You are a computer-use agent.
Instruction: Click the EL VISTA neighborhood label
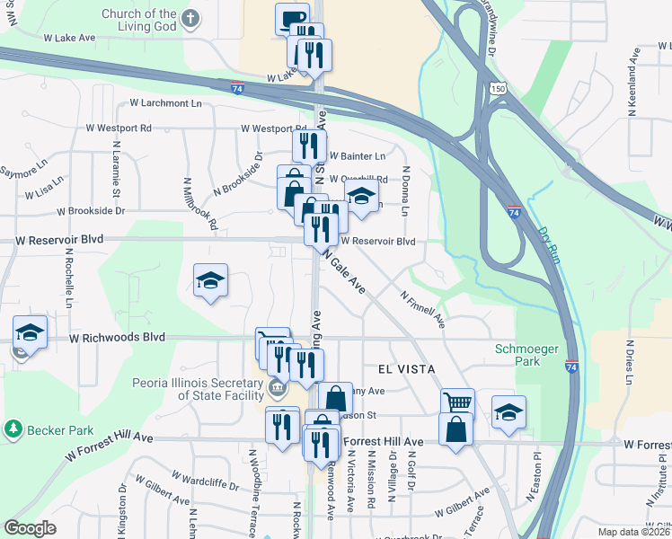400,369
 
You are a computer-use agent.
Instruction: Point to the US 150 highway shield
499,88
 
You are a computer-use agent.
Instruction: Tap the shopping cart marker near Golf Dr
457,402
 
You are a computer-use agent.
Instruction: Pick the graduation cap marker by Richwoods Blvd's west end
30,332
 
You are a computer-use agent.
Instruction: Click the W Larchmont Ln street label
166,104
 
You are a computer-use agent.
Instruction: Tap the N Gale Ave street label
344,272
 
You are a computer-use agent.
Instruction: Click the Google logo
30,528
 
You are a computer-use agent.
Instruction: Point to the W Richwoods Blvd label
118,338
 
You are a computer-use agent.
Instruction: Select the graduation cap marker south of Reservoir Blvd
210,281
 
